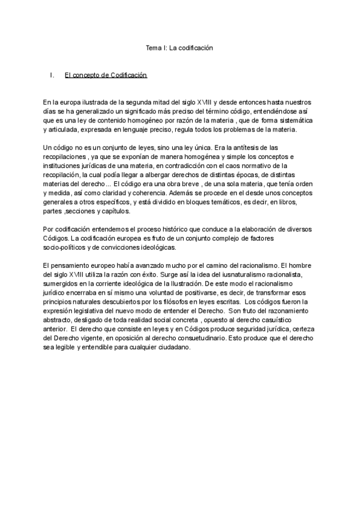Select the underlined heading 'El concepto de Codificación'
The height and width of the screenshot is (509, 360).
click(x=106, y=75)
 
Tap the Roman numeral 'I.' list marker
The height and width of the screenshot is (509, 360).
click(x=52, y=75)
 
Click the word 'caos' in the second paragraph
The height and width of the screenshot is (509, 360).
click(x=244, y=166)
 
